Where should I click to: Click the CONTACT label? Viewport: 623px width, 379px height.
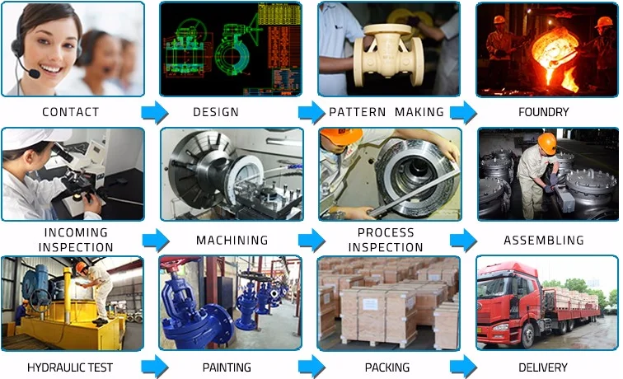click(70, 112)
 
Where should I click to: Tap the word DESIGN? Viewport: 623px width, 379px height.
click(216, 112)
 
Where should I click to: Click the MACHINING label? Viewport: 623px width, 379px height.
click(232, 241)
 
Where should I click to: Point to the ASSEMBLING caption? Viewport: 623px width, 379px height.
click(543, 241)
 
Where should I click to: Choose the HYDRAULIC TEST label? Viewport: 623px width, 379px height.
click(69, 367)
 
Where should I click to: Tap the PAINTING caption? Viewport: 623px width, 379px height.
click(227, 367)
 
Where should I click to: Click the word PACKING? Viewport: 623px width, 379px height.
click(387, 367)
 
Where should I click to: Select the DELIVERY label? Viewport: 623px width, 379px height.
click(543, 367)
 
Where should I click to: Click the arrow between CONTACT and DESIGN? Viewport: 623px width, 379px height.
click(154, 113)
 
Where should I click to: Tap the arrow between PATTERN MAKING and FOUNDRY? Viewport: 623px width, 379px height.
click(463, 113)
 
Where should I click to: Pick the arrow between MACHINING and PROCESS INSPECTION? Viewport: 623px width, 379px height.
click(311, 241)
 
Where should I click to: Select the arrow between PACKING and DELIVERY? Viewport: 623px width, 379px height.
click(463, 367)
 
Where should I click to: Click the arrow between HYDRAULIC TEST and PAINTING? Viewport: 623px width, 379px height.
click(154, 367)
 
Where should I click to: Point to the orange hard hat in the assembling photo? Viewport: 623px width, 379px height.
click(546, 143)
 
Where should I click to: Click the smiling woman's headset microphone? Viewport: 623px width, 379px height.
click(34, 74)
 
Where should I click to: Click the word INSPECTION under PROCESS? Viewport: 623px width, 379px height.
click(386, 247)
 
